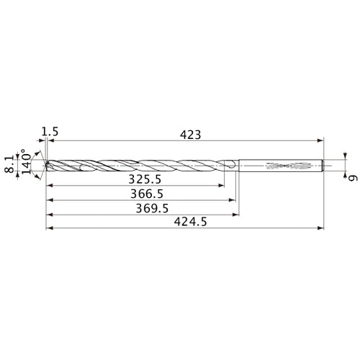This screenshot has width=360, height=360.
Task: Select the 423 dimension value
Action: tap(190, 135)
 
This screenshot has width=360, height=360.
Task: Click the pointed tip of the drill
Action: tap(45, 165)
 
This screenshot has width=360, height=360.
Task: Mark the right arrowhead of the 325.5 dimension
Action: tap(221, 185)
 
